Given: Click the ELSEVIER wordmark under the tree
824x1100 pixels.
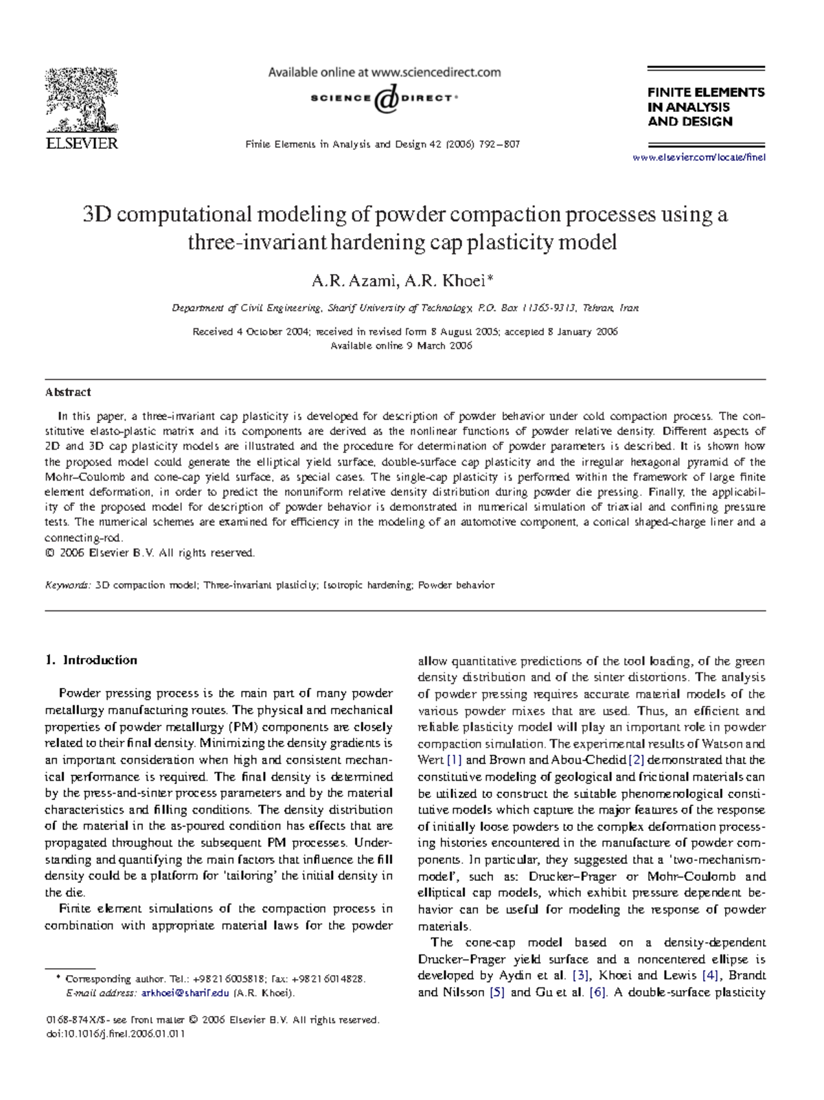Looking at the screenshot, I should [x=82, y=144].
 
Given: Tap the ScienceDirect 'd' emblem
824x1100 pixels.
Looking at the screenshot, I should [x=386, y=99].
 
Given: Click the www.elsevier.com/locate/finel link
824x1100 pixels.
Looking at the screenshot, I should [x=698, y=157].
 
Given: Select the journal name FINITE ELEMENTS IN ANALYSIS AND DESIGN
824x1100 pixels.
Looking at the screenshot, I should [x=705, y=106].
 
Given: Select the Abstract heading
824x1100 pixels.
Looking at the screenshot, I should [x=68, y=392].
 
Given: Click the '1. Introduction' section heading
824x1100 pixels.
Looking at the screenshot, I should [x=91, y=661].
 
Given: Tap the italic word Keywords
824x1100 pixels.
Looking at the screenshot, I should [x=67, y=586].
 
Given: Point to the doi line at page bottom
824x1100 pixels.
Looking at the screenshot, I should [x=115, y=1033].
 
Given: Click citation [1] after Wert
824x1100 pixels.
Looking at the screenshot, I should [x=455, y=760].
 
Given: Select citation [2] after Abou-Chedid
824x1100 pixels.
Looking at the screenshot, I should [x=636, y=760].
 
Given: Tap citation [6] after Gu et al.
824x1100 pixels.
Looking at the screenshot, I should [x=597, y=992].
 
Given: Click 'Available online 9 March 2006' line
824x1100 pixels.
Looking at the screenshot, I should [x=402, y=346].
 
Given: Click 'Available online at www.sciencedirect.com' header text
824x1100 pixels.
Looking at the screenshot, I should [x=384, y=72].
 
